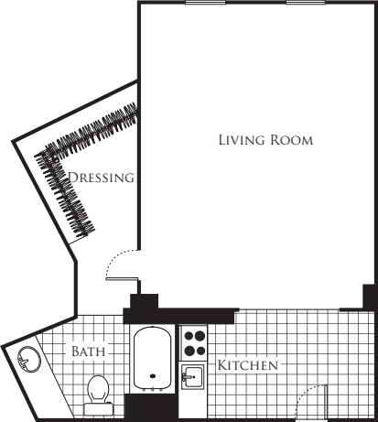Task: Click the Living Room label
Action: (x=265, y=141)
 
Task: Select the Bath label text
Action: (x=89, y=352)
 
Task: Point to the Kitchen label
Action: (x=247, y=365)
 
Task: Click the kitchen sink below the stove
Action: (x=193, y=375)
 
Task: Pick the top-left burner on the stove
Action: (x=189, y=336)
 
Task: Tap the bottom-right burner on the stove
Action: (x=200, y=349)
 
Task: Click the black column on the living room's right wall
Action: (x=370, y=298)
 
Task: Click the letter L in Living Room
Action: (x=222, y=141)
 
